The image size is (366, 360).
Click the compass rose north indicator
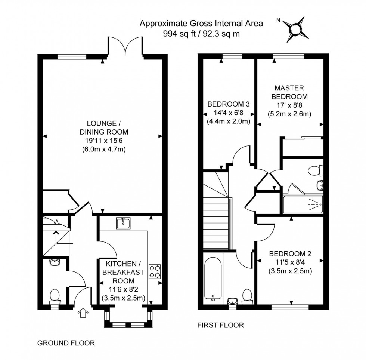[295, 29]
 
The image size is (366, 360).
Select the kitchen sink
[123, 224]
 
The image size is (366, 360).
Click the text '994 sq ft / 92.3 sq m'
[201, 33]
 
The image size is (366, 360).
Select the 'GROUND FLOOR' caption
[66, 343]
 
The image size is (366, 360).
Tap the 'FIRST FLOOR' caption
[220, 325]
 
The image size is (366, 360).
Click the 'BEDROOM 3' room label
[229, 104]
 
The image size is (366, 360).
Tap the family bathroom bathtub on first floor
[213, 277]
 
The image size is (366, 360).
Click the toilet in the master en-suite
[315, 170]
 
